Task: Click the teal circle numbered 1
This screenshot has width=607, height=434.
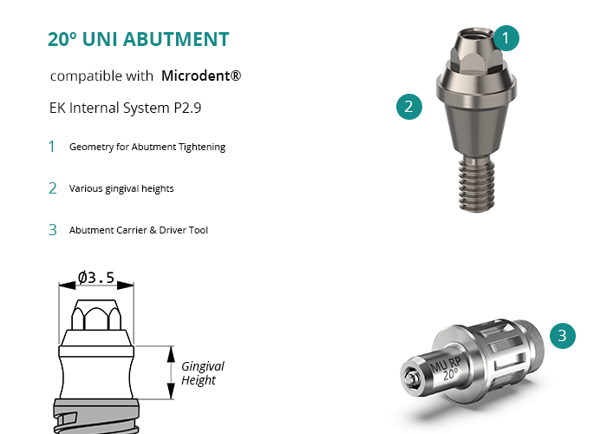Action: click(x=506, y=38)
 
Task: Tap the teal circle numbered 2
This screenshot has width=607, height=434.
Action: click(x=409, y=107)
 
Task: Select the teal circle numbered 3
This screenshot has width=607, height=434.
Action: click(x=563, y=336)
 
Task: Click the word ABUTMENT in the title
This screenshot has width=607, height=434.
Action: click(x=176, y=39)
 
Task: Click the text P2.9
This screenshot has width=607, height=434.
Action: click(x=187, y=108)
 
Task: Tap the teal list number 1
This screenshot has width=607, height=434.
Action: click(x=51, y=147)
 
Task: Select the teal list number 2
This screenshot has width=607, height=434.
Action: click(x=53, y=188)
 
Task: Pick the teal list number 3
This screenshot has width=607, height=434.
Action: click(x=53, y=230)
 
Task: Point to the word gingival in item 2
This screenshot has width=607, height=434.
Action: click(x=121, y=188)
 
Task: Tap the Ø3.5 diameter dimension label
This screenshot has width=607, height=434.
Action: click(x=96, y=278)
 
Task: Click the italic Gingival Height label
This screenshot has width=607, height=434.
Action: click(x=202, y=372)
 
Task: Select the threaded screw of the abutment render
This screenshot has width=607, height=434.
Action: click(x=476, y=184)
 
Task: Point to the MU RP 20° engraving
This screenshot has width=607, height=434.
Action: click(x=447, y=369)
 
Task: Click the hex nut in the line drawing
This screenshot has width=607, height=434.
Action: click(x=96, y=314)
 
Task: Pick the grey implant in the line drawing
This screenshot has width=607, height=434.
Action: click(x=96, y=416)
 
